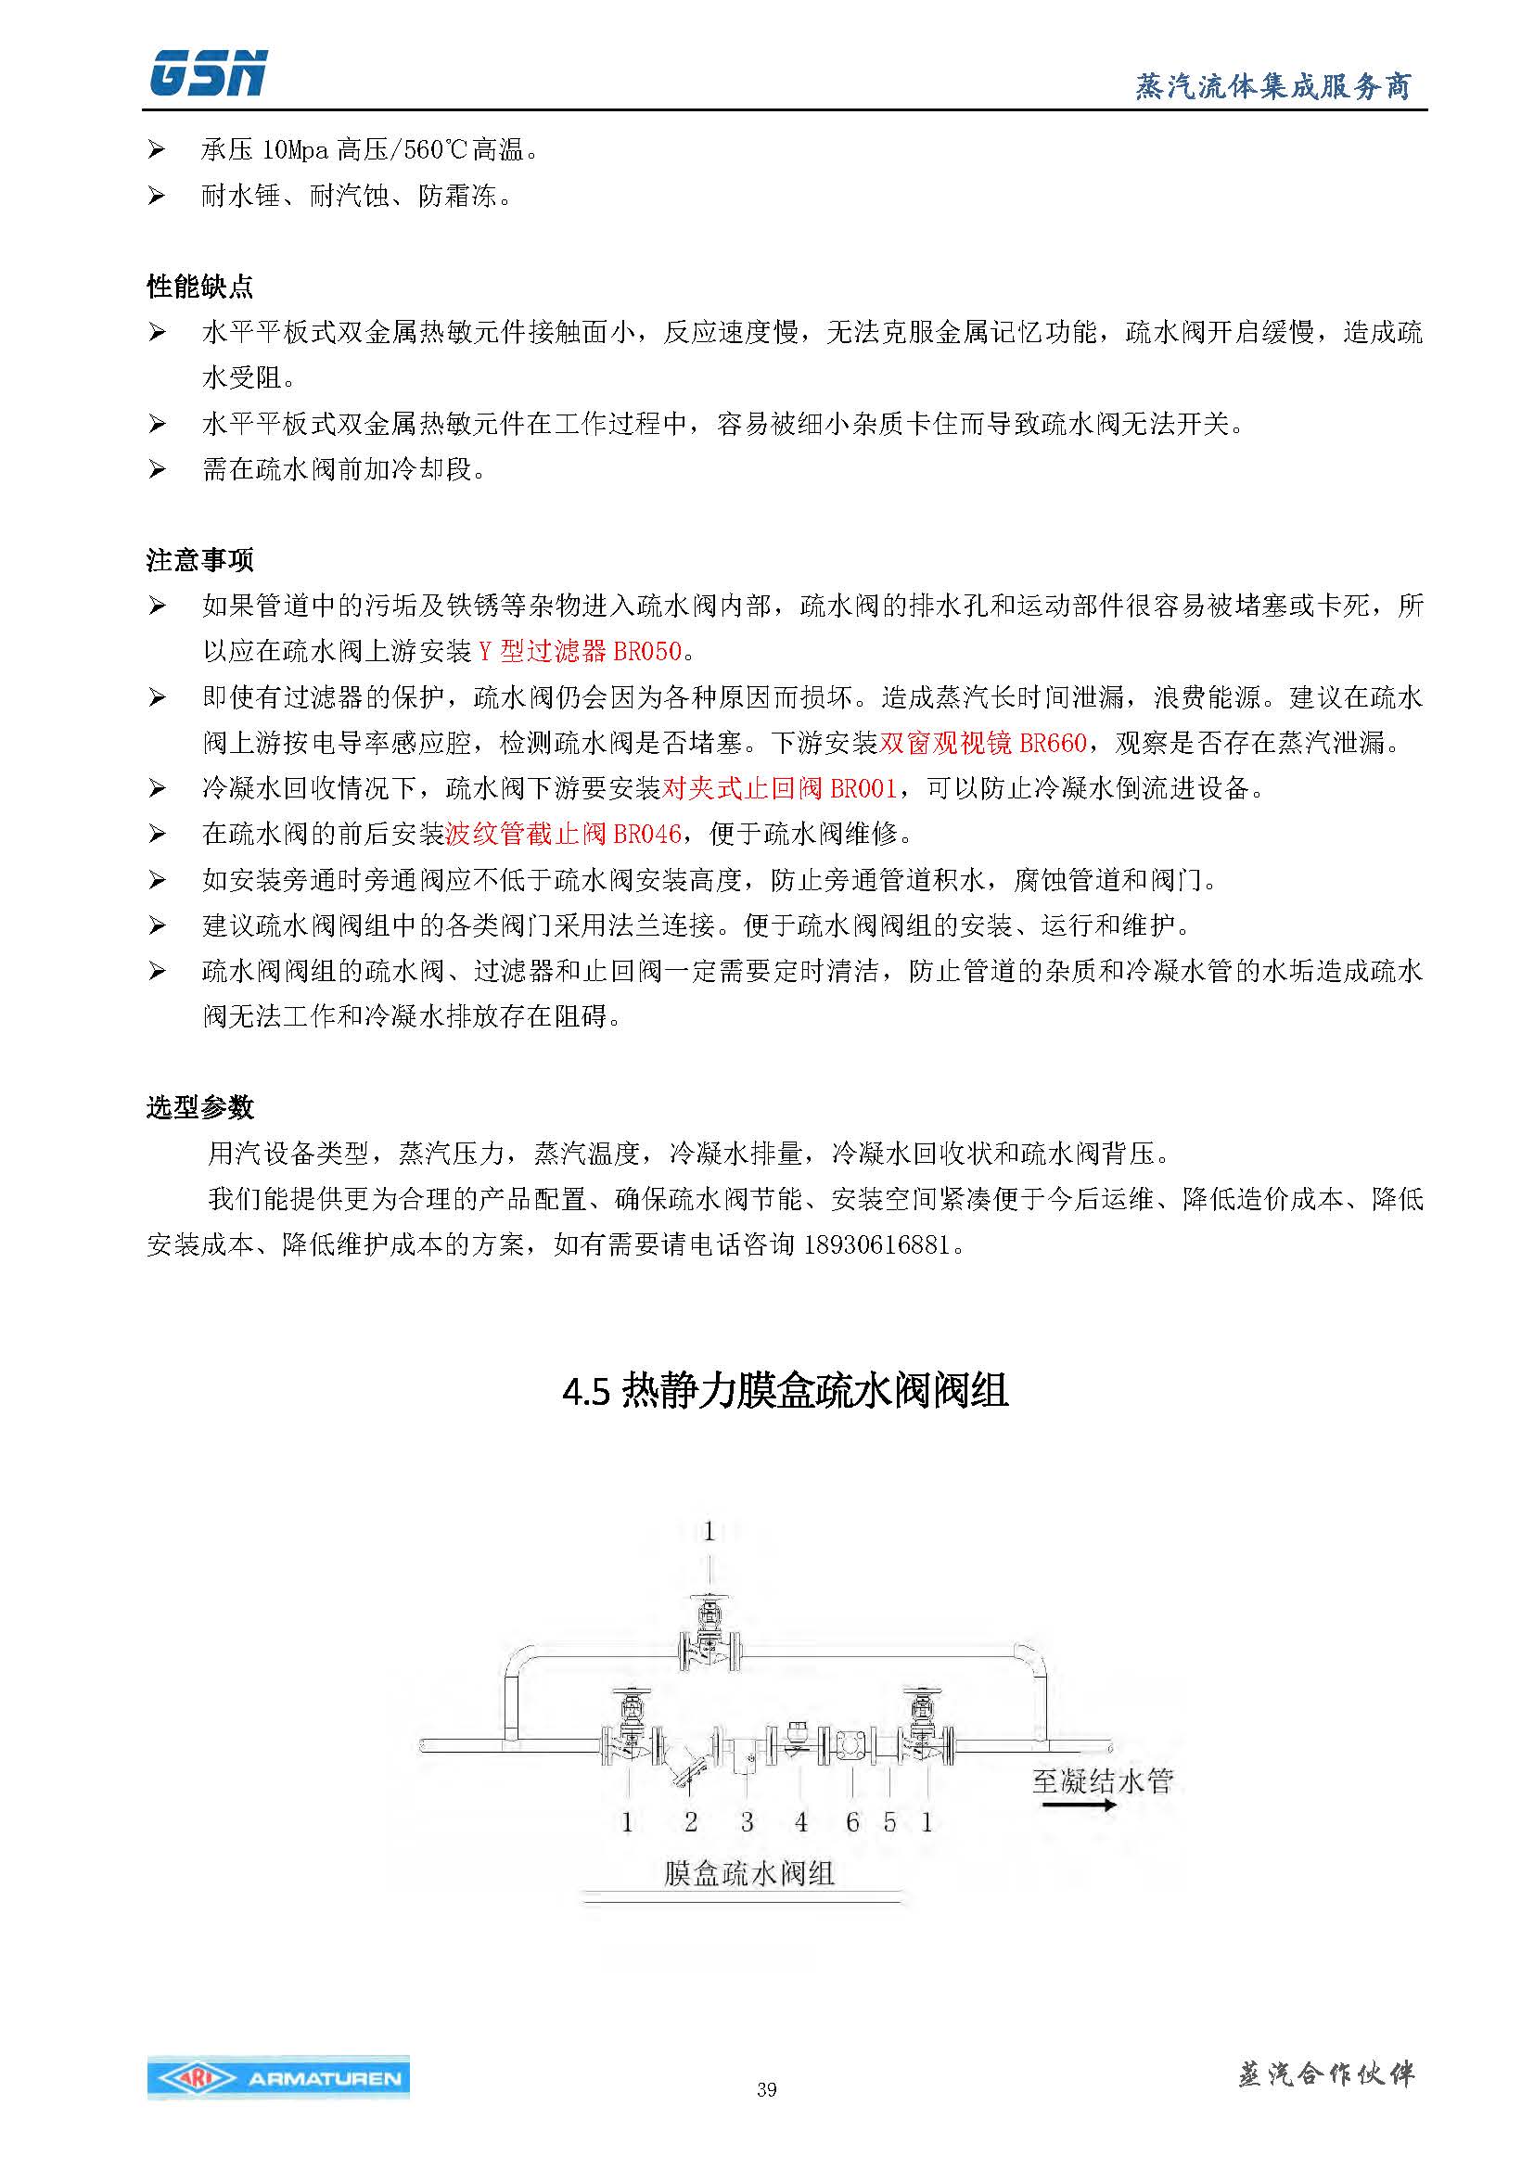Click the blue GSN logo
[x=208, y=73]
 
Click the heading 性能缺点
[x=199, y=287]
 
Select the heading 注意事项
[x=199, y=560]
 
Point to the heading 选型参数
[x=199, y=1107]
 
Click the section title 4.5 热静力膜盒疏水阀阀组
[x=785, y=1392]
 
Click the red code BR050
[x=648, y=651]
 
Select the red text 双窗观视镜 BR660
[x=982, y=744]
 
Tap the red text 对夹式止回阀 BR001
[x=778, y=789]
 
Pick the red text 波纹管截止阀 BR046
[x=563, y=835]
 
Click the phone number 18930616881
[x=876, y=1245]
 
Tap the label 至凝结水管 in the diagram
[x=1103, y=1781]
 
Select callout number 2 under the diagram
[x=691, y=1821]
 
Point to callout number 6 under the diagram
[x=852, y=1821]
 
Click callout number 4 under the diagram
[x=801, y=1821]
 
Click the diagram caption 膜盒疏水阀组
[x=748, y=1872]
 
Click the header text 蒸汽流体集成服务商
[x=1272, y=87]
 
